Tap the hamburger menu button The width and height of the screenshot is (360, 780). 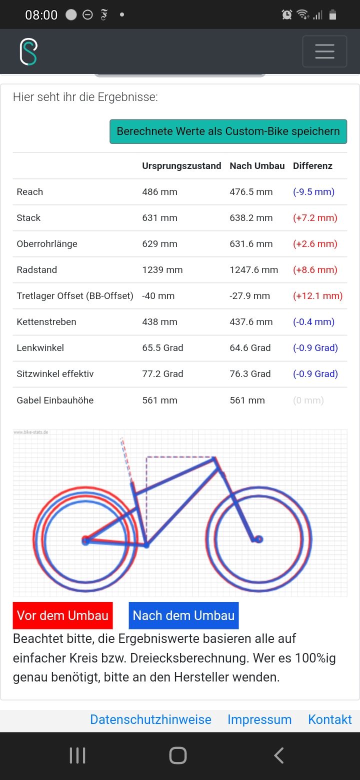tap(324, 51)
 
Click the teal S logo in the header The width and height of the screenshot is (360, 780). tap(28, 51)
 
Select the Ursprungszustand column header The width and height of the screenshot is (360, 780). tap(181, 166)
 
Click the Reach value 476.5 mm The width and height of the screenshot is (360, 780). tap(251, 192)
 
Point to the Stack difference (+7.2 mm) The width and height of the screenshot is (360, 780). tap(315, 218)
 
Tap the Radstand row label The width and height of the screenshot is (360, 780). tap(37, 270)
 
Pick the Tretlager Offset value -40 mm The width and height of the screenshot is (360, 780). tap(158, 296)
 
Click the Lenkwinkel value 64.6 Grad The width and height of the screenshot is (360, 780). tap(250, 348)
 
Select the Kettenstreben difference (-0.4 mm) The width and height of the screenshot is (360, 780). tap(313, 322)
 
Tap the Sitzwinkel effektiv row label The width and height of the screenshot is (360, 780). tap(55, 374)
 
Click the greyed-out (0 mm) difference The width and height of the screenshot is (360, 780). tap(308, 400)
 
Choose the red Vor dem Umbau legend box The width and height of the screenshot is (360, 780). tap(62, 615)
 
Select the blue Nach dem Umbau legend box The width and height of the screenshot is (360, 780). tap(183, 615)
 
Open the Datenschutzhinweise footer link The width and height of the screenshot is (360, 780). tap(150, 719)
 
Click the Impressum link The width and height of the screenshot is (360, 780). tap(259, 719)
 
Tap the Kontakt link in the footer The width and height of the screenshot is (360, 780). tap(330, 719)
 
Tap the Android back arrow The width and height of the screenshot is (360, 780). tap(279, 755)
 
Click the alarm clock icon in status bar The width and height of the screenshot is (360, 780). tap(287, 15)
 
